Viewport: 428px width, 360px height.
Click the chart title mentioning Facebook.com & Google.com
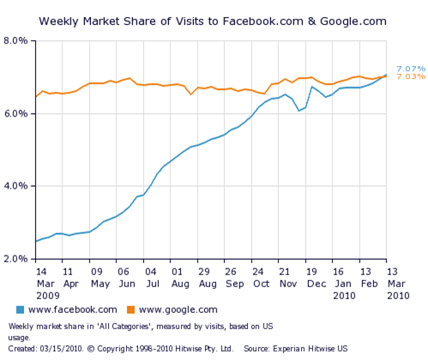pyautogui.click(x=213, y=19)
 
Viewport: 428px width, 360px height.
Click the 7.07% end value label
pyautogui.click(x=408, y=69)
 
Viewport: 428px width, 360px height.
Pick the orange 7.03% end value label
pyautogui.click(x=408, y=77)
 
